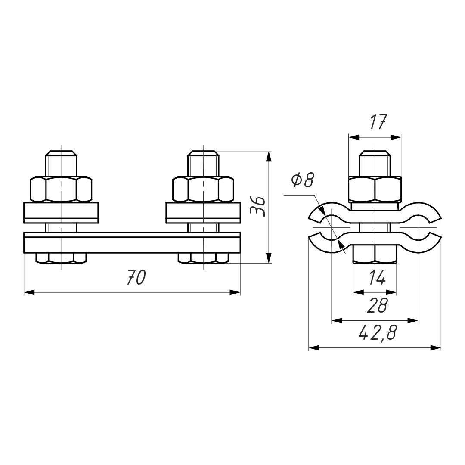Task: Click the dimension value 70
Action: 136,277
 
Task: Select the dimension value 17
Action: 378,122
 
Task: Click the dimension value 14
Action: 377,277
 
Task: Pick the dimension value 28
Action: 377,305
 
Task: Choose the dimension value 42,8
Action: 377,333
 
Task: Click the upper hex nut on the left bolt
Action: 61,189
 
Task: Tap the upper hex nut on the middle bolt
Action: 203,189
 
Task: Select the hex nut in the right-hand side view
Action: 375,189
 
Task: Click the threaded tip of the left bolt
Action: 61,164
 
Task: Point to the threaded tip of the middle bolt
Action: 203,164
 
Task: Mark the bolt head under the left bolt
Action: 61,258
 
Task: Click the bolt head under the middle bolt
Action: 203,258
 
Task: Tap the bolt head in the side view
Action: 375,254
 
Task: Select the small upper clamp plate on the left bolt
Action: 61,213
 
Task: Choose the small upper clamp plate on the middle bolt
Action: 203,213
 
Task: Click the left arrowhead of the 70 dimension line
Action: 29,292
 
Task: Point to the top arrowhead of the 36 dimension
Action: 269,156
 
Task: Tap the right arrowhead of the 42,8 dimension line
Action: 436,348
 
